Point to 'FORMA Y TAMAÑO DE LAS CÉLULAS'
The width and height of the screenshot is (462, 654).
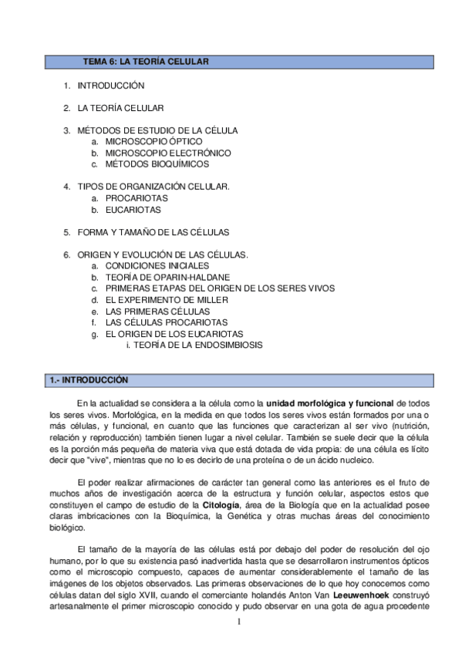pyautogui.click(x=153, y=231)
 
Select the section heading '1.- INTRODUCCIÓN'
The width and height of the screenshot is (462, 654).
pyautogui.click(x=88, y=379)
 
